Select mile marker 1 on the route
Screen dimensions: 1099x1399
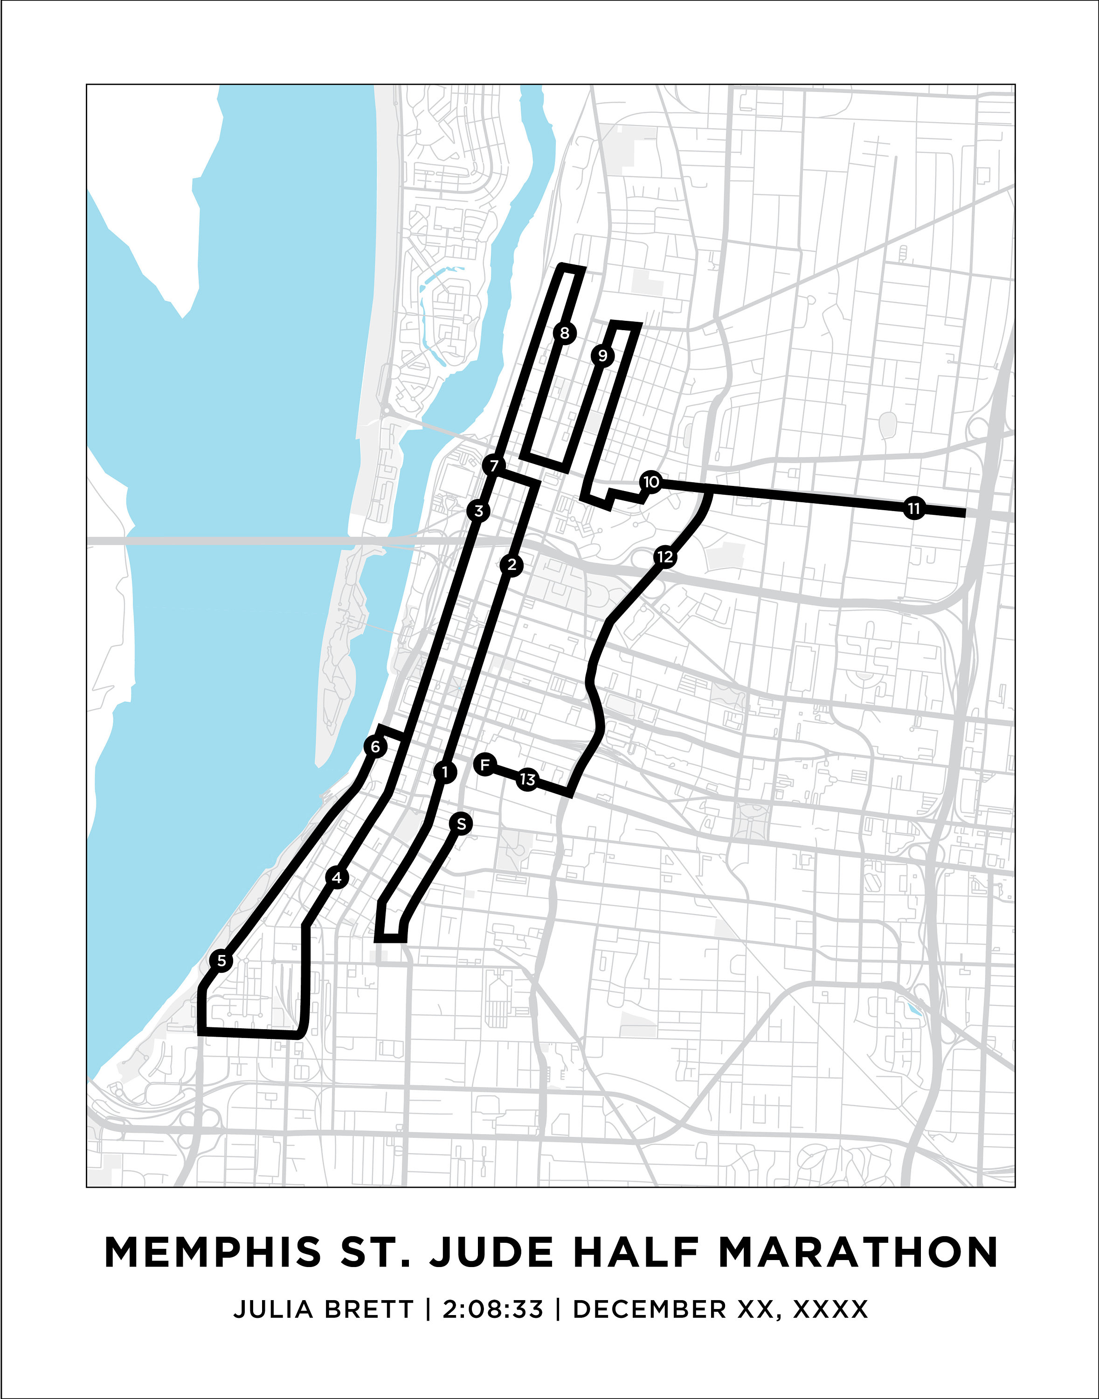coord(445,772)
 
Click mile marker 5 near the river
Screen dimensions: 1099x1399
coord(221,961)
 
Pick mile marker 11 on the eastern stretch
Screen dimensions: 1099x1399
coord(914,508)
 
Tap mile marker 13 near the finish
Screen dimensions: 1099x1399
coord(527,780)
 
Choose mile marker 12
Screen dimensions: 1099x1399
coord(665,557)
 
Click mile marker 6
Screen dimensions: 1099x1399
coord(375,747)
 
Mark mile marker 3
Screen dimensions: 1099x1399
coord(478,511)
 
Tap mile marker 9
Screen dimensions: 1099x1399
coord(602,355)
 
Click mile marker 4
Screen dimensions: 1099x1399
coord(337,877)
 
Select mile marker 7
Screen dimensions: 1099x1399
coord(493,464)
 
